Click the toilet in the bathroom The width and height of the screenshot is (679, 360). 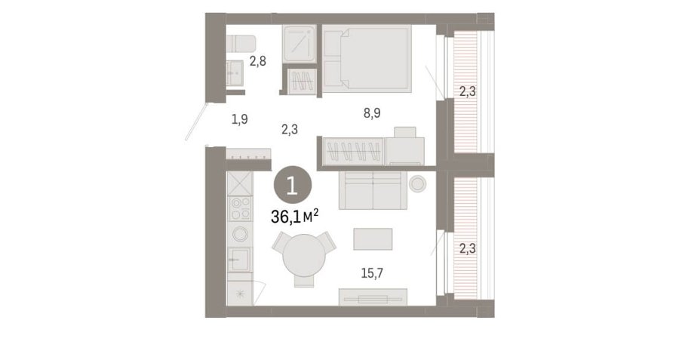[241, 43]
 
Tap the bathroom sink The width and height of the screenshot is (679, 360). [235, 72]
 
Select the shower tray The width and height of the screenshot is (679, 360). [300, 43]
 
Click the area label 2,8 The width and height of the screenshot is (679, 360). [258, 62]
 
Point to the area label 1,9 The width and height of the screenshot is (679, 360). [239, 119]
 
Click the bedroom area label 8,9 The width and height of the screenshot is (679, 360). [372, 113]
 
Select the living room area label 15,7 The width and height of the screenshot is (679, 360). [372, 273]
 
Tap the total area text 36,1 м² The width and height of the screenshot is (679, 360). [295, 216]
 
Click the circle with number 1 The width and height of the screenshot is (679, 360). [292, 186]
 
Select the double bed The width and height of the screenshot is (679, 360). [367, 58]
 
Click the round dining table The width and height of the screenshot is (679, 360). [304, 256]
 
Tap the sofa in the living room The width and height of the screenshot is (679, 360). [373, 190]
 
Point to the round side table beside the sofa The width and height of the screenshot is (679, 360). [417, 184]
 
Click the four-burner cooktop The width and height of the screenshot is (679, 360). [240, 208]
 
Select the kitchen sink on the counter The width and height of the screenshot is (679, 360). [239, 260]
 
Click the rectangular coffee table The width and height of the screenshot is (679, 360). [373, 239]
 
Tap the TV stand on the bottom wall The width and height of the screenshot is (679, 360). [373, 297]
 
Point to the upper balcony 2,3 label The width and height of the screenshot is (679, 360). [467, 92]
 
